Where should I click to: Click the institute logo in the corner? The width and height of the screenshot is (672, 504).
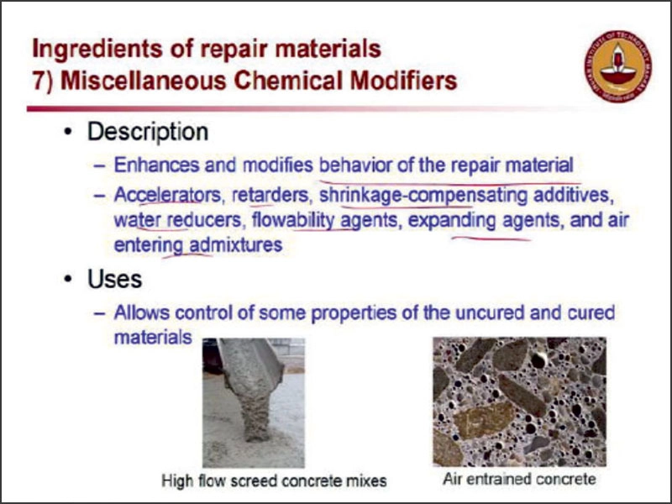[x=617, y=66]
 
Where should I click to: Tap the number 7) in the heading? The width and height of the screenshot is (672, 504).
[x=42, y=81]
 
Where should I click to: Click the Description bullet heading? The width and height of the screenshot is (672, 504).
[x=148, y=132]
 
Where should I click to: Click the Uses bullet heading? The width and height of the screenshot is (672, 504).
[x=115, y=279]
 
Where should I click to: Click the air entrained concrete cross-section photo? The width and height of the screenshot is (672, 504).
[x=518, y=402]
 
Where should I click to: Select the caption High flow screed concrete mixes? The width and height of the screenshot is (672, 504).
[x=274, y=481]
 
